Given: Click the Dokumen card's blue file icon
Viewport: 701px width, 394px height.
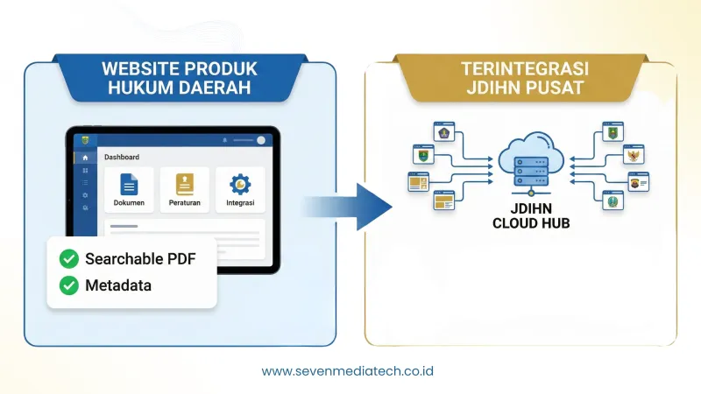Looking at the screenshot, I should pyautogui.click(x=129, y=184).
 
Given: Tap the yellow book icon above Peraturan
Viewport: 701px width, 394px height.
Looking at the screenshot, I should pyautogui.click(x=184, y=184).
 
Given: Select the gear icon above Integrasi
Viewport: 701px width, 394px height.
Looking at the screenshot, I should pyautogui.click(x=240, y=184).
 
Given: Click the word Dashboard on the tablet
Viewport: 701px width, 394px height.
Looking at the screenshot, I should pyautogui.click(x=122, y=158).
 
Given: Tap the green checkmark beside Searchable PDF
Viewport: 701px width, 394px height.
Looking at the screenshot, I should pyautogui.click(x=67, y=259).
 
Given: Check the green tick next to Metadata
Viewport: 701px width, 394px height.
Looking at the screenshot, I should pyautogui.click(x=67, y=285).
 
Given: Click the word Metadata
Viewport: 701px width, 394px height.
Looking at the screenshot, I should pyautogui.click(x=118, y=285).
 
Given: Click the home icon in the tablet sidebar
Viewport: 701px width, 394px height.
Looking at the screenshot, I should pyautogui.click(x=85, y=158).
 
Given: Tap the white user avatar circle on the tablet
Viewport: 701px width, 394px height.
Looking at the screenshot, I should pyautogui.click(x=261, y=140).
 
